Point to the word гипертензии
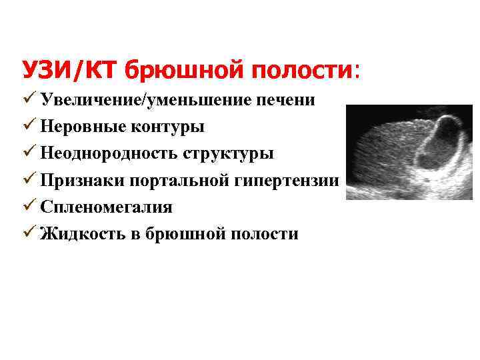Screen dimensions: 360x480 (285, 181)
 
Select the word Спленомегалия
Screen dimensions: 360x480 (106, 207)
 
